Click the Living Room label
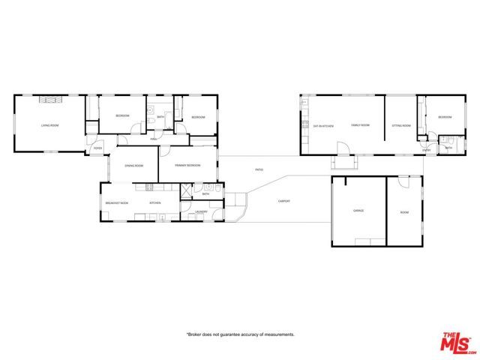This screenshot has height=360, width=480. tap(50, 125)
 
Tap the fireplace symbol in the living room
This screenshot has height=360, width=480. tap(49, 100)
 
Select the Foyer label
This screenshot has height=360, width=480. tap(97, 148)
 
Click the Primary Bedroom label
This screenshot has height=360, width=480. tap(187, 164)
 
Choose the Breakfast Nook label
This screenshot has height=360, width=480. tap(116, 202)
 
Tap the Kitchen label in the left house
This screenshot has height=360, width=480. tap(155, 202)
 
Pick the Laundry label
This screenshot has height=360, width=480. tap(200, 212)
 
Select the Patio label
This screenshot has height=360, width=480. tap(259, 170)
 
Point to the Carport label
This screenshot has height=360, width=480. tap(284, 201)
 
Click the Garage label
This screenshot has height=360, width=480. tap(358, 211)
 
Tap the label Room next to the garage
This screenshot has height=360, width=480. tap(404, 212)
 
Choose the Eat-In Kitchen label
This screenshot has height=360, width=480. tap(323, 125)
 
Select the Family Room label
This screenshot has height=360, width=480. tap(361, 125)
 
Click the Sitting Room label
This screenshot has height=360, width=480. tap(401, 125)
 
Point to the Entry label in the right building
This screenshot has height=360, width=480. tap(426, 150)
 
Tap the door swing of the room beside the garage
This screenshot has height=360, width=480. tap(404, 182)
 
